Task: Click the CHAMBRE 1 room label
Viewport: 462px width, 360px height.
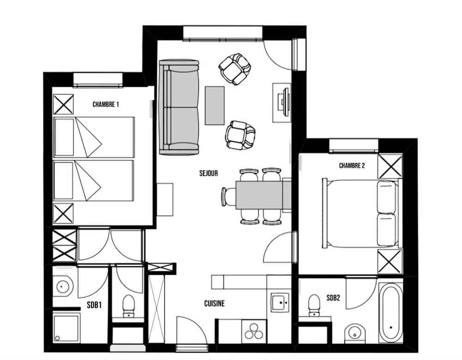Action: tap(105, 104)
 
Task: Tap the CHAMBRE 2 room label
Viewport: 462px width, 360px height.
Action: tap(352, 166)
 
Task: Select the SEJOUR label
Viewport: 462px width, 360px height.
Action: tap(209, 173)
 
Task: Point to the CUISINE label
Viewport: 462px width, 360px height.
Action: tap(214, 304)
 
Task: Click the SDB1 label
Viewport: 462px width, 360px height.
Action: tap(94, 305)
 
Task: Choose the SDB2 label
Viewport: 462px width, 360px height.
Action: tap(333, 298)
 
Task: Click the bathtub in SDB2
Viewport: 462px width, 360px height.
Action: tap(390, 313)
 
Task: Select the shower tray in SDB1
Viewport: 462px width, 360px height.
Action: tap(67, 328)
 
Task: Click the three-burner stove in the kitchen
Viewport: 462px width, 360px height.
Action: tap(254, 332)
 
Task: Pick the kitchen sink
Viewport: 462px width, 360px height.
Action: tap(280, 302)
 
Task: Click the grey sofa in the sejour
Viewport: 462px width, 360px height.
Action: tap(179, 107)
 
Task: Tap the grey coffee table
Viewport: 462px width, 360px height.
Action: tap(215, 105)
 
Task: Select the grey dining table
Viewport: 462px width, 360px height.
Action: tap(263, 195)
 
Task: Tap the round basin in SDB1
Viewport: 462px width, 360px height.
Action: tap(62, 286)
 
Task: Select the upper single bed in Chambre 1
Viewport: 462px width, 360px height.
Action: tap(94, 137)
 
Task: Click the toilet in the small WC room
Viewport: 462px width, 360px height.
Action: tap(128, 306)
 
